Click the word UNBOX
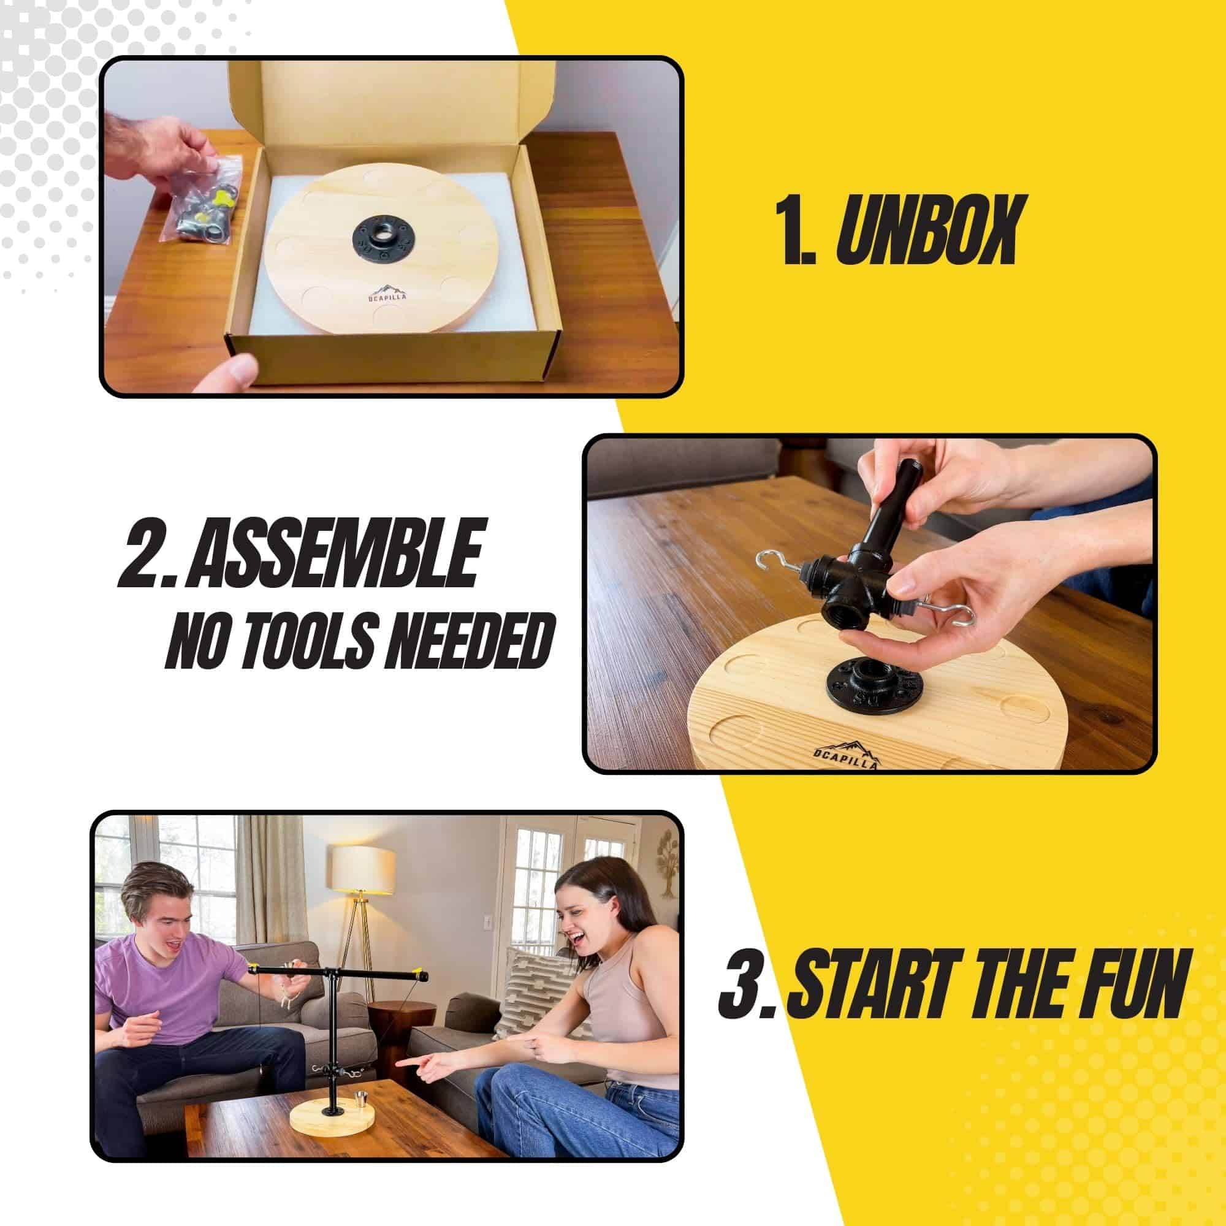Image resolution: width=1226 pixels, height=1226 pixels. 927,230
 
